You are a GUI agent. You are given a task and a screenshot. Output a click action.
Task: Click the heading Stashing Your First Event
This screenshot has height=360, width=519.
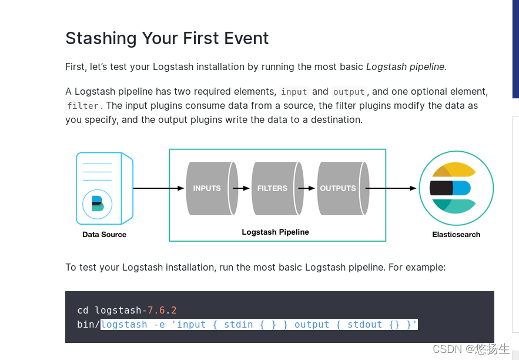pos(167,38)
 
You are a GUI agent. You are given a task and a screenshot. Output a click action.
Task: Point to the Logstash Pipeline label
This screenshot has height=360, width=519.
pos(275,232)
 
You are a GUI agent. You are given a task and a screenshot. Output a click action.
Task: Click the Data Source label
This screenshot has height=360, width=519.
pos(104,234)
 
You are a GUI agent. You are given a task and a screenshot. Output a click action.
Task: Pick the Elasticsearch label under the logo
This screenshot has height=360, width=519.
pos(456,234)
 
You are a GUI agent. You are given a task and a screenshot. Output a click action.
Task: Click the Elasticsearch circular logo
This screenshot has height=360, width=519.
pos(456,188)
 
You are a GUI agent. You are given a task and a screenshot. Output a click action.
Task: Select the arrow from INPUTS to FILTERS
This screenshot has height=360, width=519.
pos(242,188)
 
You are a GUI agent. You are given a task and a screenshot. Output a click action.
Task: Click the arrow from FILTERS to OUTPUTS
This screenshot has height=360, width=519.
pos(307,188)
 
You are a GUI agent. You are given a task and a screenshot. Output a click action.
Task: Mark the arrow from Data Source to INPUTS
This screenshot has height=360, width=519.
pos(159,188)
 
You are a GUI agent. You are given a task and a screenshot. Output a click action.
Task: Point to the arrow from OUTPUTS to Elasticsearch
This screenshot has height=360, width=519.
pos(391,188)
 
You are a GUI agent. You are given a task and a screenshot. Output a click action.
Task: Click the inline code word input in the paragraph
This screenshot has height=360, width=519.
pos(294,92)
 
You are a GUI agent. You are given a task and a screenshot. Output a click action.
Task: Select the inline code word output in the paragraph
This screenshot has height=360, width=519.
pos(349,92)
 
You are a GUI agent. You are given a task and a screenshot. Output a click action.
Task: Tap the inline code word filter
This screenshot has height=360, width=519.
pos(83,106)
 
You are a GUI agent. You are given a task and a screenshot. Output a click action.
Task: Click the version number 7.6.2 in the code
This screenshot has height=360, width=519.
pos(162,310)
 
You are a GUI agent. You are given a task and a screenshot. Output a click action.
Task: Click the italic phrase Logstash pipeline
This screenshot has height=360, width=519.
pos(405,66)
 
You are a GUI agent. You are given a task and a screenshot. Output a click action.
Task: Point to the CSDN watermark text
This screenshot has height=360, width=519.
pos(471,349)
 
